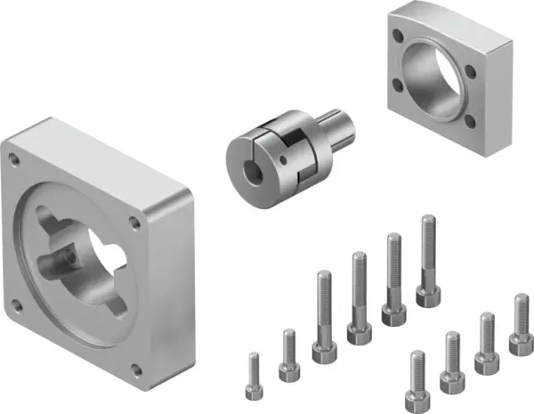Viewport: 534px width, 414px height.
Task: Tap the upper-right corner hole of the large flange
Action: [133, 219]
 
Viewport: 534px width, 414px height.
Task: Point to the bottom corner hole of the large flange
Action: [133, 369]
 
